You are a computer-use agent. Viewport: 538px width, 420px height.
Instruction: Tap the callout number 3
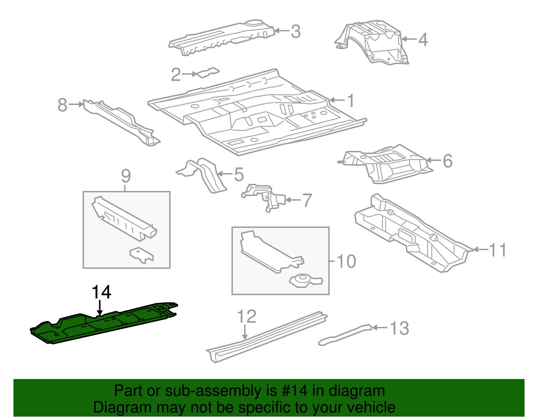pos(295,31)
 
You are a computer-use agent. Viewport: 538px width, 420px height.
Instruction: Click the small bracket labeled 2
pos(208,73)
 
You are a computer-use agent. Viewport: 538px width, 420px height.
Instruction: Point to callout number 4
pos(423,39)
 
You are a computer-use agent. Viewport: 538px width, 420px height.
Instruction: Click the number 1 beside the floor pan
pos(351,100)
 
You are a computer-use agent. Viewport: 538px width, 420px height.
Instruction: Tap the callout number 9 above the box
pos(125,176)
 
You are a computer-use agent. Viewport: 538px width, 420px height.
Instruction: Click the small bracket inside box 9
pos(142,255)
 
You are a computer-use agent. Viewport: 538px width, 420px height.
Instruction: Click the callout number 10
pos(346,261)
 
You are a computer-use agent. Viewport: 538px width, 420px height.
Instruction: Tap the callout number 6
pos(447,161)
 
